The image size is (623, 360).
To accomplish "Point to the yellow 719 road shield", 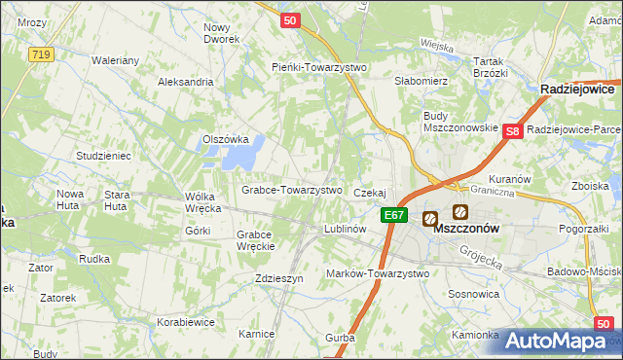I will pos(40,54).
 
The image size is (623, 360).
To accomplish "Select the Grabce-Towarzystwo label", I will pos(291,190).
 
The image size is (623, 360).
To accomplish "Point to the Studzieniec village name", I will pos(102,156).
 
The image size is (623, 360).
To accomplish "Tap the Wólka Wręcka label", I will pos(203,201).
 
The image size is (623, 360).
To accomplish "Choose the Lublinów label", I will pos(344,229).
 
